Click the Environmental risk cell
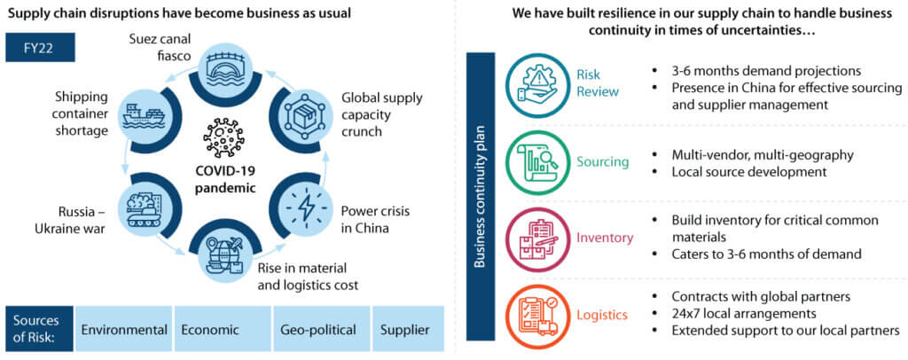point(124,330)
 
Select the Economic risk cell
point(210,330)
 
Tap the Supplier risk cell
point(406,330)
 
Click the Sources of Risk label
point(36,330)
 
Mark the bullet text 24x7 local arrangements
point(727,312)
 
